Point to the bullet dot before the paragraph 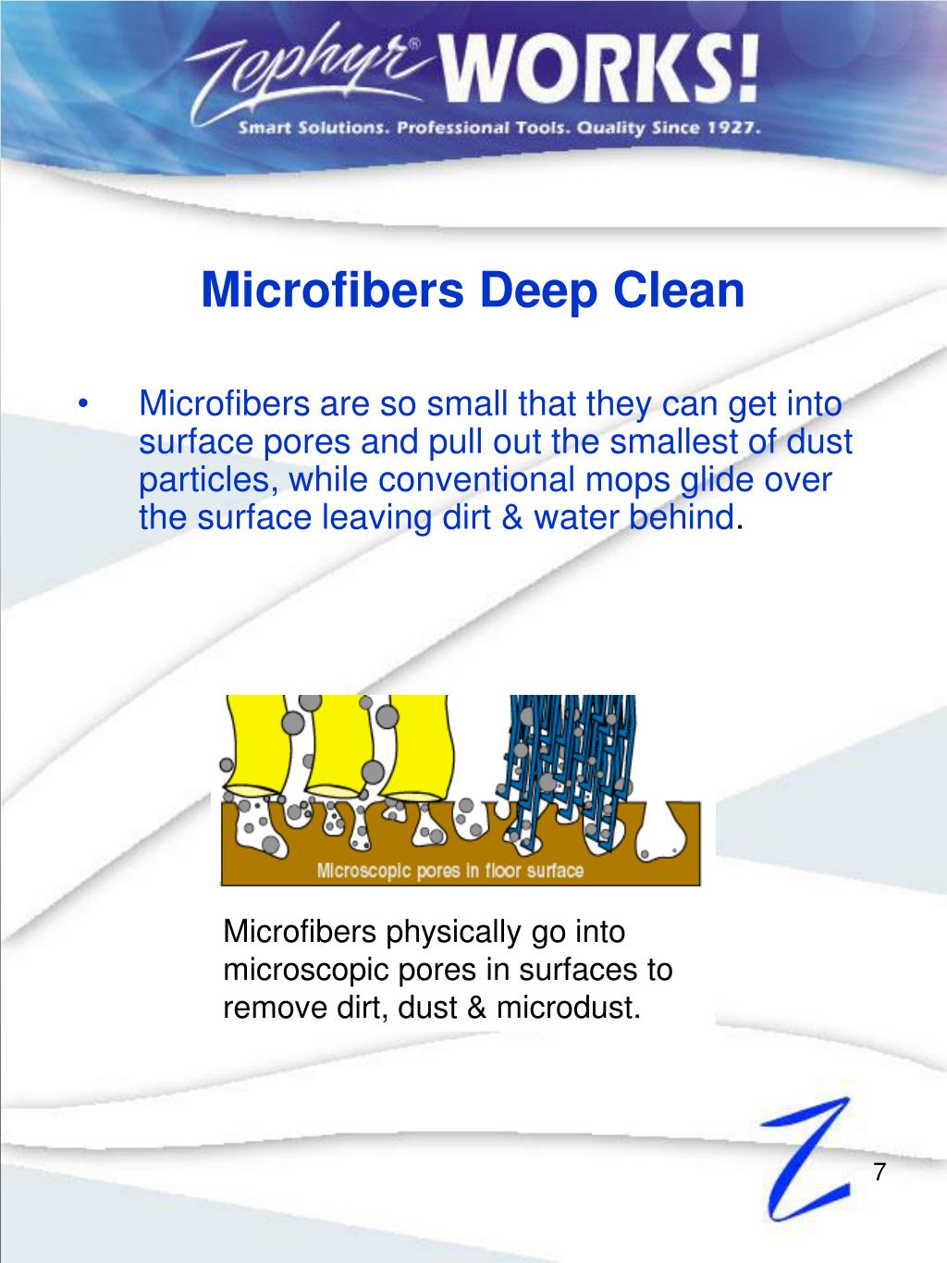[84, 405]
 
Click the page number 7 [879, 1170]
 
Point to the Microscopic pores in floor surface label [450, 870]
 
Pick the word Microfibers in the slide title [332, 291]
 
